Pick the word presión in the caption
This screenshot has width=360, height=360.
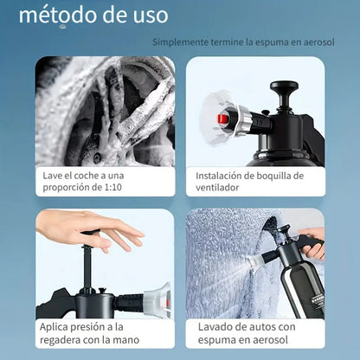coord(89,326)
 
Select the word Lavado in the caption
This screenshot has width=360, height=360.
coord(215,326)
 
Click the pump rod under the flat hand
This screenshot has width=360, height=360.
coord(87,264)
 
